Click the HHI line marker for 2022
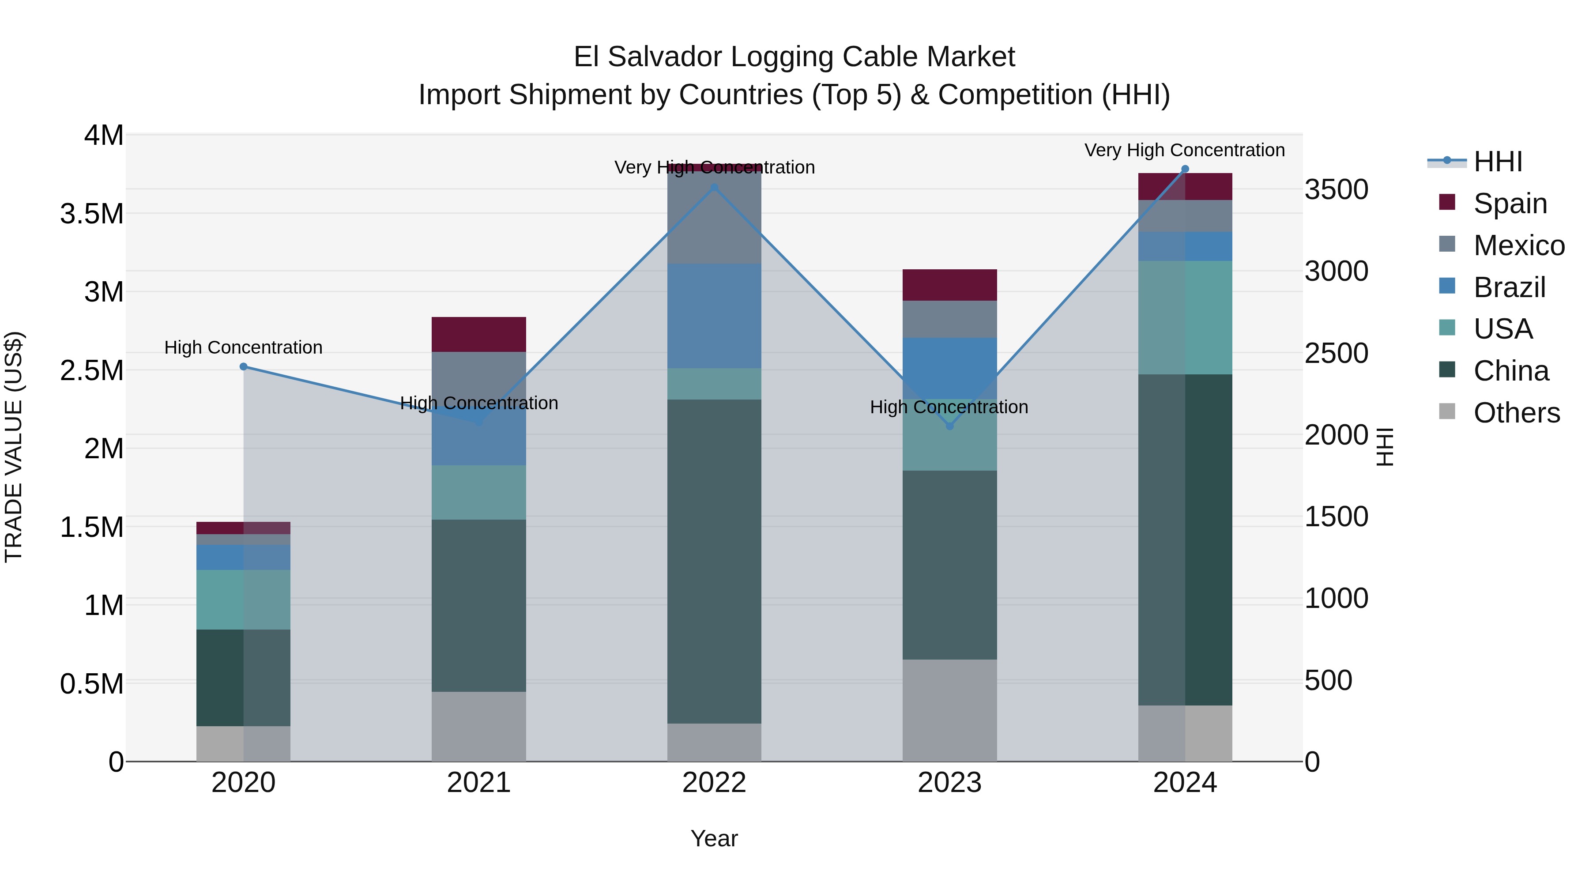[x=714, y=188]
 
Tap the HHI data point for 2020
[x=243, y=366]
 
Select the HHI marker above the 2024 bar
[x=1185, y=169]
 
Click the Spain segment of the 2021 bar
[x=478, y=334]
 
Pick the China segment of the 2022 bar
[x=714, y=562]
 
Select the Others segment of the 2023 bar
[x=950, y=710]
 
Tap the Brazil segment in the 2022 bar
[x=714, y=316]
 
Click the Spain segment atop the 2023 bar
[x=950, y=285]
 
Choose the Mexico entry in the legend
[x=1519, y=245]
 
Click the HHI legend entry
[x=1498, y=162]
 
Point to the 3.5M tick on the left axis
[x=92, y=214]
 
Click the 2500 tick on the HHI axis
[x=1336, y=354]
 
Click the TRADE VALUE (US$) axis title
[x=14, y=447]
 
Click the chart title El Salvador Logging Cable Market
[x=794, y=57]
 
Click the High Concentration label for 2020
[x=243, y=348]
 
